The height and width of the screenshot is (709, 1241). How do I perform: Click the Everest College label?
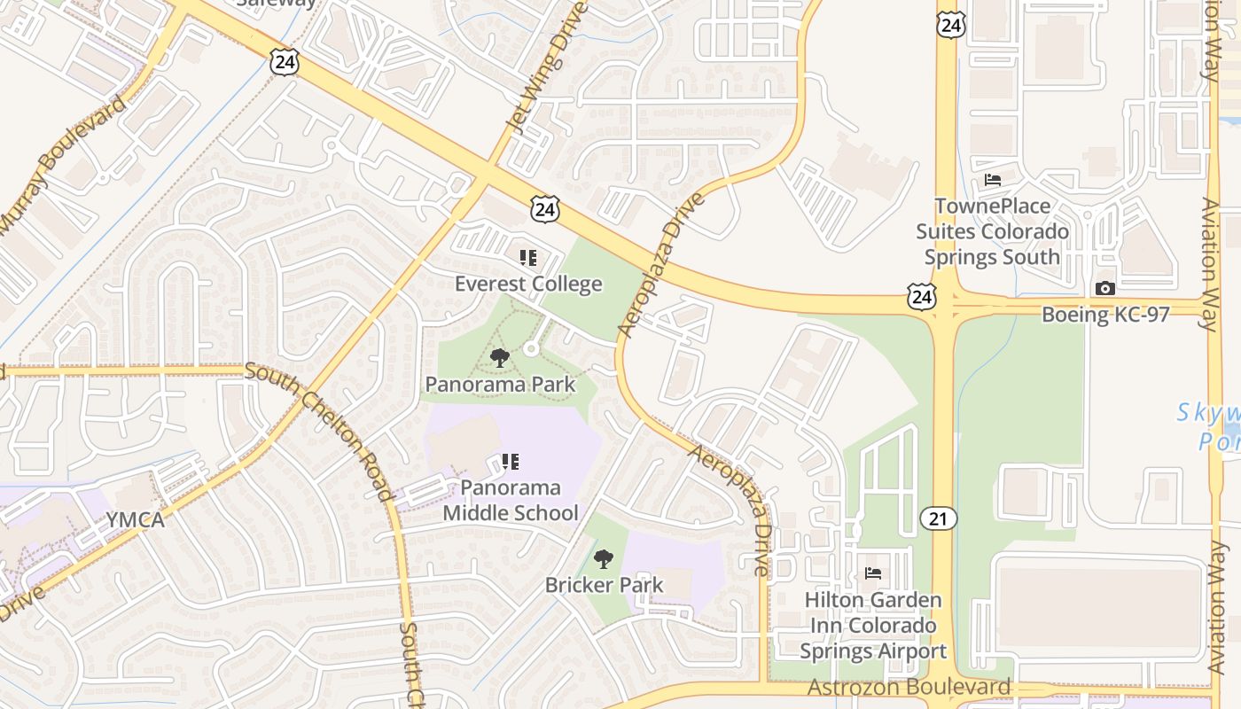[528, 284]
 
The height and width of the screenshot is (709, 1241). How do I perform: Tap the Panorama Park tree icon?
[500, 358]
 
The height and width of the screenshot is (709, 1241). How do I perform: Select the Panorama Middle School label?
[511, 500]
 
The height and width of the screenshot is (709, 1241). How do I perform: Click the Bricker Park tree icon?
[604, 559]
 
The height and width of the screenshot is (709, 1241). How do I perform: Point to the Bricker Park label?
[604, 585]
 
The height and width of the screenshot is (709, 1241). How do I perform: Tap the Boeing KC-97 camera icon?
[1104, 288]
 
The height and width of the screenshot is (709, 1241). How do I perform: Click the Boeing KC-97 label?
[1104, 314]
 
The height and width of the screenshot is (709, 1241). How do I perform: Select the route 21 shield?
[938, 518]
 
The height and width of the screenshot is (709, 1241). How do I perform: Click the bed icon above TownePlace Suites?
[993, 180]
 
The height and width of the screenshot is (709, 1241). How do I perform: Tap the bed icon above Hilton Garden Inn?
[873, 573]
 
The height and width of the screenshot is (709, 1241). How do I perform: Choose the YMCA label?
[136, 520]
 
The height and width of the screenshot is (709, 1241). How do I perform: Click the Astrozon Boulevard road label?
[909, 687]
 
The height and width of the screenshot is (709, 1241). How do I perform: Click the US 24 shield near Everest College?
[545, 209]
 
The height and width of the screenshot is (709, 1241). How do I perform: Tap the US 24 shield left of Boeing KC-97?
[922, 296]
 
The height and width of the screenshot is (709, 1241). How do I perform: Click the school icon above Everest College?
[528, 258]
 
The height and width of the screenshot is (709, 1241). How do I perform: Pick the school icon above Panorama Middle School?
[511, 461]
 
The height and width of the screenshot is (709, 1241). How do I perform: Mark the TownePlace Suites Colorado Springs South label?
[992, 231]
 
